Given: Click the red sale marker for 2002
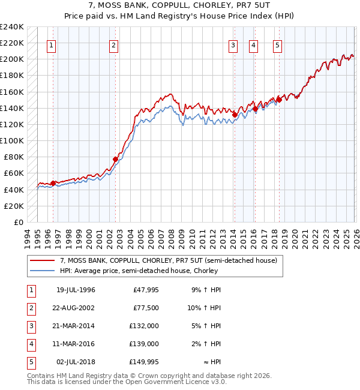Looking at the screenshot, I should click(115, 159).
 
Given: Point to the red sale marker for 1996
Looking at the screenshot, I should click(53, 183).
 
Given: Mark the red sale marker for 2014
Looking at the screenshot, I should click(235, 114).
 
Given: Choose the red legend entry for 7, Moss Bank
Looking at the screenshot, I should click(168, 261).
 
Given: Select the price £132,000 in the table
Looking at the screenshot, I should click(144, 326).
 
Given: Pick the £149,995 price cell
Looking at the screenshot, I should click(144, 362).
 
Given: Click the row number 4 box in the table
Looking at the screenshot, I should click(31, 344).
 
